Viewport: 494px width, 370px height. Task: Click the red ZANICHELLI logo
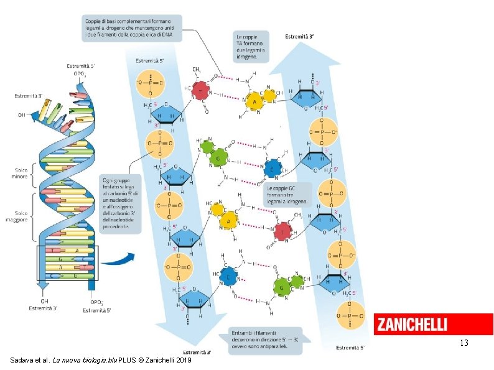point(433,324)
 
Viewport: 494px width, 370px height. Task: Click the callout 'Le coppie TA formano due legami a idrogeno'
point(250,46)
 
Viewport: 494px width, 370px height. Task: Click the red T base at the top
point(200,91)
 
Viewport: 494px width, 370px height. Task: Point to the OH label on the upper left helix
point(22,114)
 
